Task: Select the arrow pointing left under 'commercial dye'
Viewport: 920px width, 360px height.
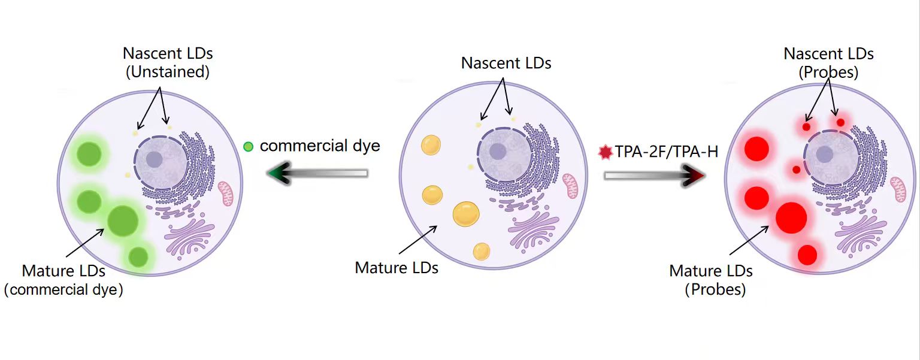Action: pyautogui.click(x=317, y=174)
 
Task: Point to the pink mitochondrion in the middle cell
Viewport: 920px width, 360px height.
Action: pyautogui.click(x=570, y=186)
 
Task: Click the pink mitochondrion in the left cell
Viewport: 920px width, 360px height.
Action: pyautogui.click(x=226, y=193)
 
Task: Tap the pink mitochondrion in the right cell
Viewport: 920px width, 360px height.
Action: pyautogui.click(x=898, y=189)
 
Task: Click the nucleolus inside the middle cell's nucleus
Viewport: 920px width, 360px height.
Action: pyautogui.click(x=498, y=152)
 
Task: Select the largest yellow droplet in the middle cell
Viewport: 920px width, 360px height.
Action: pyautogui.click(x=466, y=214)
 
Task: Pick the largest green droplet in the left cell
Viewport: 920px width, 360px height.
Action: pyautogui.click(x=123, y=220)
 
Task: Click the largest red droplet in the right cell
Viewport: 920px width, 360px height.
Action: pyautogui.click(x=791, y=217)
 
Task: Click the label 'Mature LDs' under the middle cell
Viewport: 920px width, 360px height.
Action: pyautogui.click(x=397, y=267)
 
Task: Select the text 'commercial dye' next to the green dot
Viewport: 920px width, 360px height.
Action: pyautogui.click(x=320, y=146)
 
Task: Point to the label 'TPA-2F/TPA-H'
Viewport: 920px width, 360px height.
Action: pyautogui.click(x=667, y=153)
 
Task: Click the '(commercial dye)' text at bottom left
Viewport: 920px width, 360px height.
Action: pyautogui.click(x=63, y=291)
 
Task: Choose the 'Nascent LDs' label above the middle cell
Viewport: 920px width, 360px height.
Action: pyautogui.click(x=506, y=63)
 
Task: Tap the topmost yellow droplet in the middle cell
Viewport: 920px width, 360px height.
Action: pyautogui.click(x=431, y=145)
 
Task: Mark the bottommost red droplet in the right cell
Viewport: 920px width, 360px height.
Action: pyautogui.click(x=807, y=255)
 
